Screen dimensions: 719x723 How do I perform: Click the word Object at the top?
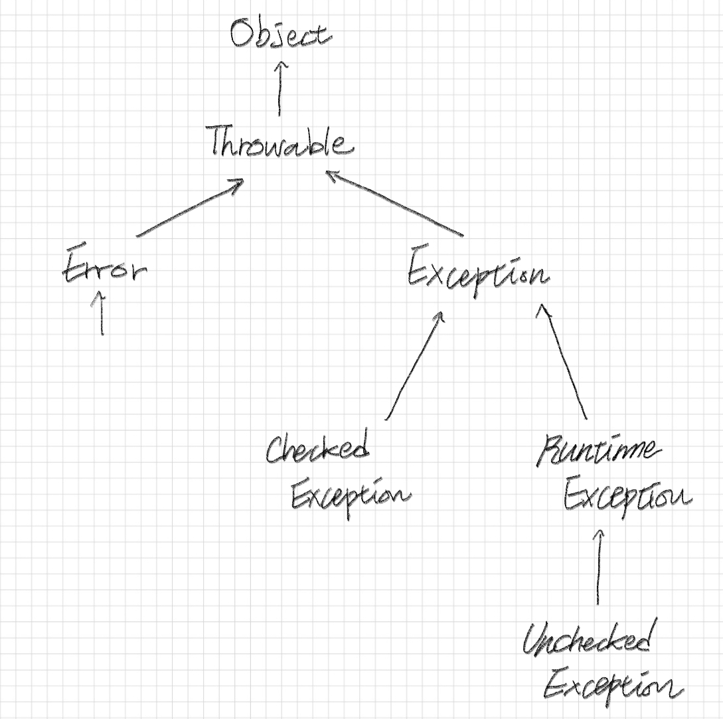pyautogui.click(x=280, y=34)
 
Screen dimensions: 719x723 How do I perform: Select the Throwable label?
pyautogui.click(x=278, y=142)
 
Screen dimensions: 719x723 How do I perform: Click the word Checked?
pyautogui.click(x=317, y=449)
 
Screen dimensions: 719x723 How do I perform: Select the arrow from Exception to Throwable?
pyautogui.click(x=394, y=203)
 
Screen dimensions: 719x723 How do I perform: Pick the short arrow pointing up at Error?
pyautogui.click(x=102, y=313)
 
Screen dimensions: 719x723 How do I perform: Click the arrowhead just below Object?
pyautogui.click(x=280, y=64)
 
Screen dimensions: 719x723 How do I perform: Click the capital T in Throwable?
pyautogui.click(x=220, y=141)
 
